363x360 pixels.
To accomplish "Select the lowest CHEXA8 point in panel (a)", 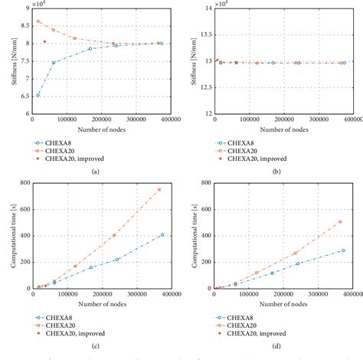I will click(x=38, y=95).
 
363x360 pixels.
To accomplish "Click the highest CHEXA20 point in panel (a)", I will click(x=38, y=21).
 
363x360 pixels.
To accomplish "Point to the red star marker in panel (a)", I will click(x=44, y=41).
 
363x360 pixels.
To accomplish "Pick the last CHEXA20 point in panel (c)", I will click(x=159, y=189).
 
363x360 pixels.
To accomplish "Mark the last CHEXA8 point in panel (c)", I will click(x=162, y=234).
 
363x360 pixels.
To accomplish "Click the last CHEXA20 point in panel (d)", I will click(x=340, y=221).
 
